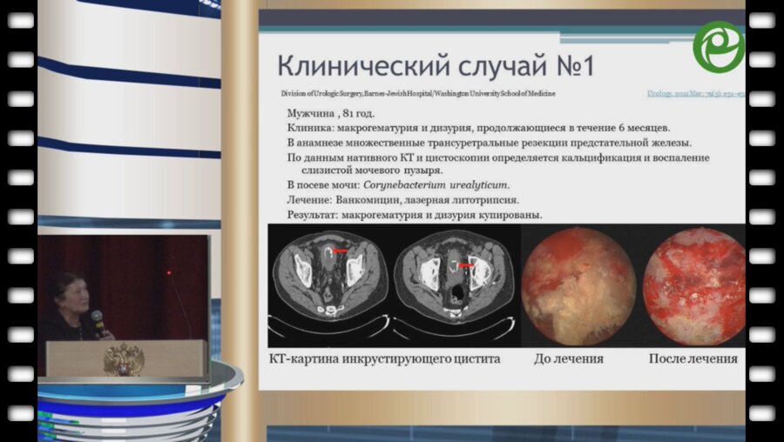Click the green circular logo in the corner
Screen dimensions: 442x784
click(x=719, y=46)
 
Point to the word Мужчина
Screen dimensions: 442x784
click(x=314, y=113)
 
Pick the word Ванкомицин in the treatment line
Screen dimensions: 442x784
click(x=376, y=199)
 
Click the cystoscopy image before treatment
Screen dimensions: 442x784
click(x=578, y=285)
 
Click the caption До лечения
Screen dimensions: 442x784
click(x=569, y=358)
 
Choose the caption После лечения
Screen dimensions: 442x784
click(x=693, y=358)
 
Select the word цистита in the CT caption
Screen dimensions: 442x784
click(x=476, y=358)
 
